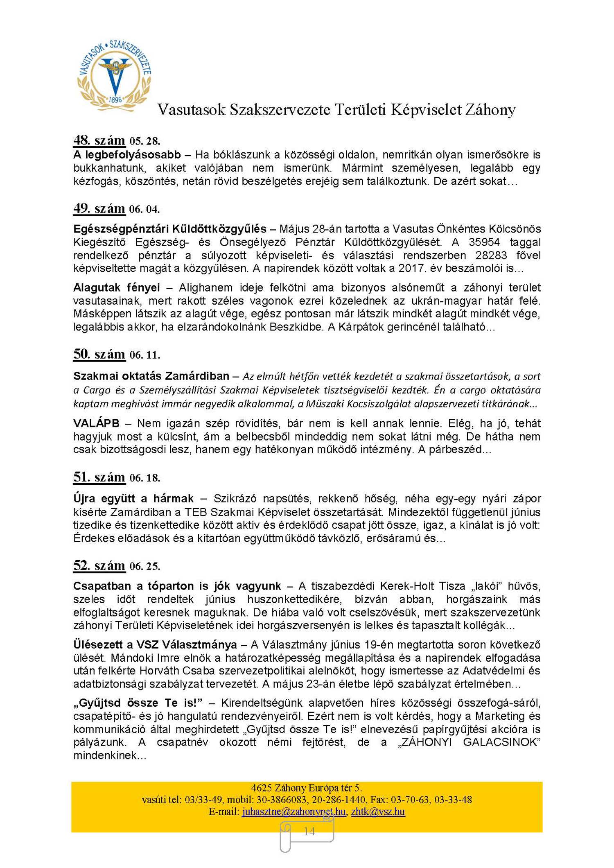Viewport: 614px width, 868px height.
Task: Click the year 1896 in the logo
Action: (115, 99)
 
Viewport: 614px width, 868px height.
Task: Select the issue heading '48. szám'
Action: (99, 140)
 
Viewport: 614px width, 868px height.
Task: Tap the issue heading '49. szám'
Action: (99, 208)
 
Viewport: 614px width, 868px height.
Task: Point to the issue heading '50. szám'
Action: (99, 354)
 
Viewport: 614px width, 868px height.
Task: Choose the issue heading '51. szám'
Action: (99, 477)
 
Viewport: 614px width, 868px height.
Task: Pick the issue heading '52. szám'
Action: (99, 566)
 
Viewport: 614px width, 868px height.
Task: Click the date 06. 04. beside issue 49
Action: (144, 210)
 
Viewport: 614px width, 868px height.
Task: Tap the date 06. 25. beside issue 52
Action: (145, 567)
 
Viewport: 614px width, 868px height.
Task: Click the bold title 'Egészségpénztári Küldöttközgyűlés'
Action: (170, 229)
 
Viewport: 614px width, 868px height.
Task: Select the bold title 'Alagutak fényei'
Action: (117, 288)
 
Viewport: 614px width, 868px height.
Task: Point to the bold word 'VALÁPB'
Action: (96, 423)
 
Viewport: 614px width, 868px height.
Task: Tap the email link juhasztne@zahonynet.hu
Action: (293, 811)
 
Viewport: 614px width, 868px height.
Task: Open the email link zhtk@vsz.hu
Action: (378, 811)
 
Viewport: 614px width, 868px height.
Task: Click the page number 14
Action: (309, 832)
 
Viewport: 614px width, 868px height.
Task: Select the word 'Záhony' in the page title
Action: (490, 110)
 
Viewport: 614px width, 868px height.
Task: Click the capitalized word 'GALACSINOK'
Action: (501, 742)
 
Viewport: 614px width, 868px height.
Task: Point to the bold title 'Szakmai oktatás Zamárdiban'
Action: (151, 376)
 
